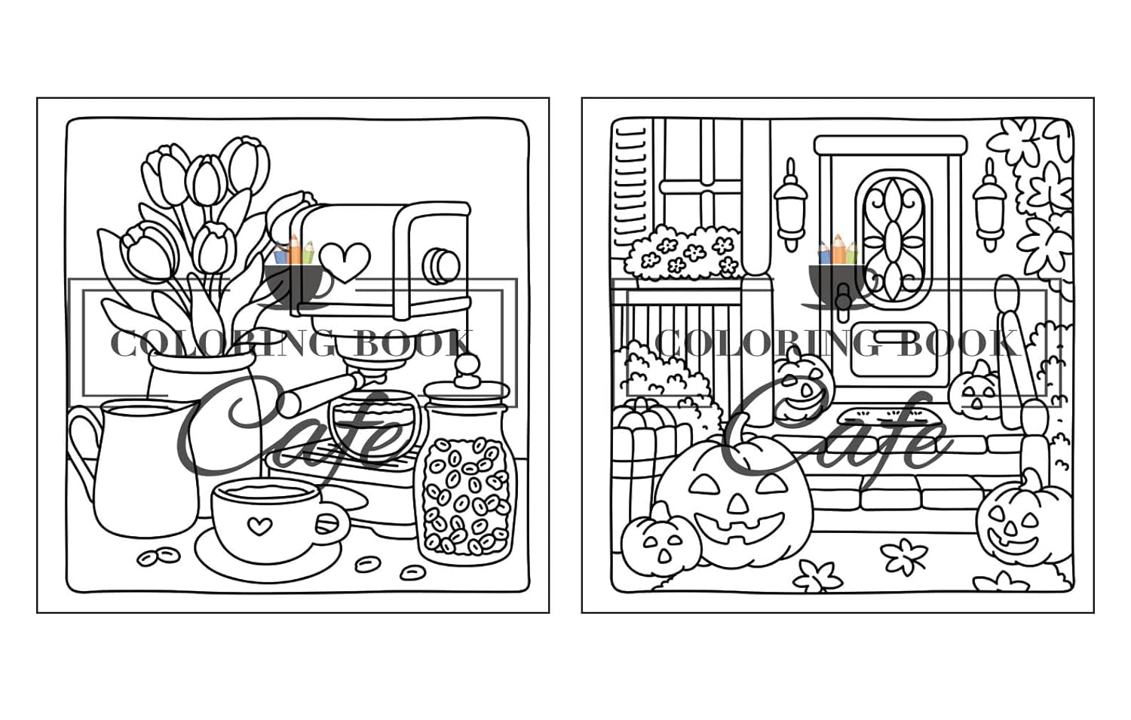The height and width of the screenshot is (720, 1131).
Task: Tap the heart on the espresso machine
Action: tap(345, 262)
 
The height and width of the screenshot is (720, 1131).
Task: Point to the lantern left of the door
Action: tap(789, 205)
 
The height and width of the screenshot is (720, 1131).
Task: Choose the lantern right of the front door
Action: tap(988, 205)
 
